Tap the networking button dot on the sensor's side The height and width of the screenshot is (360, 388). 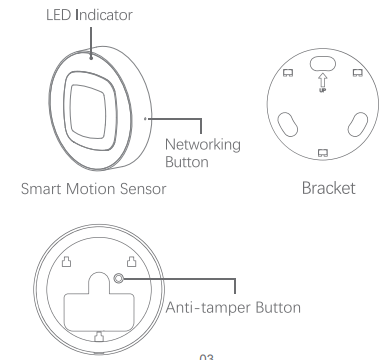pos(146,117)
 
